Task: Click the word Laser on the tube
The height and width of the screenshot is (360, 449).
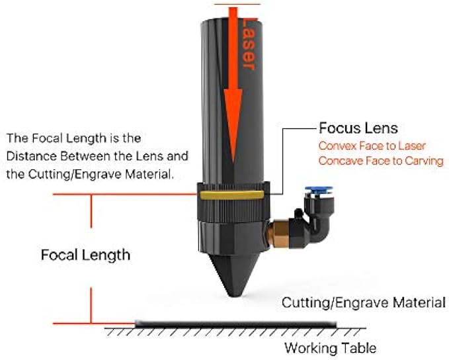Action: pos(248,46)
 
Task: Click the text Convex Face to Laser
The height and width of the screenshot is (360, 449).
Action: pos(372,146)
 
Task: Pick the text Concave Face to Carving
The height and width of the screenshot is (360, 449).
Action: pos(380,161)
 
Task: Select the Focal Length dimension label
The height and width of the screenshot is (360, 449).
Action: pos(85,255)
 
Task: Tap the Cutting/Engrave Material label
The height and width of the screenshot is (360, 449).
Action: pos(363,303)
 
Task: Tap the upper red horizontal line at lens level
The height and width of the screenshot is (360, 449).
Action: pos(119,195)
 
